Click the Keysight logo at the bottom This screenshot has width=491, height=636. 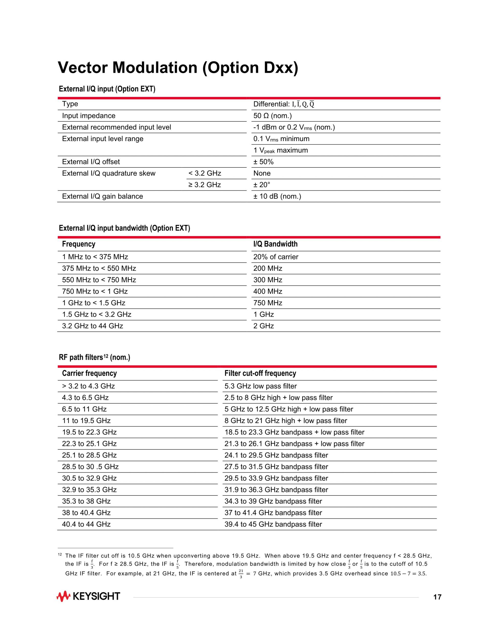(x=88, y=596)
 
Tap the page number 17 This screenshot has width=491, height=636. (x=437, y=597)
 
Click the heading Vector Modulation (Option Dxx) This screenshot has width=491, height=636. (x=178, y=68)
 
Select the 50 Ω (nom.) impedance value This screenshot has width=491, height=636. (x=272, y=116)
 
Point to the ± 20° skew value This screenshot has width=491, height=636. (x=262, y=185)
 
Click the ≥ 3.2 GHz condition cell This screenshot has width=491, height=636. (x=205, y=185)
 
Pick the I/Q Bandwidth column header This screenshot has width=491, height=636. (x=275, y=244)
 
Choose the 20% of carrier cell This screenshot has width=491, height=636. (x=275, y=257)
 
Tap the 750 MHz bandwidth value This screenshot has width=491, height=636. (x=267, y=303)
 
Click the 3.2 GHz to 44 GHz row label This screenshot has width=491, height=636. (x=93, y=326)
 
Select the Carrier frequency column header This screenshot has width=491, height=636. (x=89, y=373)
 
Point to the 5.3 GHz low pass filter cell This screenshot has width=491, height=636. (x=260, y=386)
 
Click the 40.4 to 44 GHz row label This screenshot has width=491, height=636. (x=86, y=524)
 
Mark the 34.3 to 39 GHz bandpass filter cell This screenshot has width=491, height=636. (x=273, y=501)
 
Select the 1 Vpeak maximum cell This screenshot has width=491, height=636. (x=280, y=150)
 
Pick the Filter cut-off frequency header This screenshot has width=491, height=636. (x=260, y=373)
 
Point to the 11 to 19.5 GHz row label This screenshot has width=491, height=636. (x=86, y=420)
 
